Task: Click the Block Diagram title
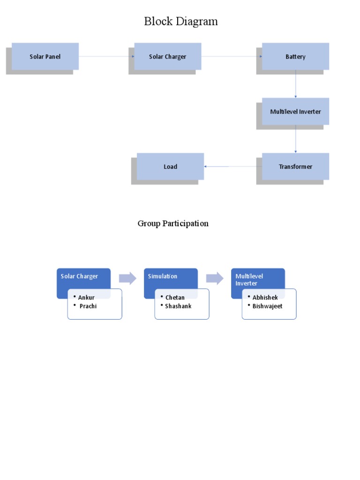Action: (180, 22)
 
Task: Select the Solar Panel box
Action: (45, 57)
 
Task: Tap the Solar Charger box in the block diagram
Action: (167, 57)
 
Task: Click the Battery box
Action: (295, 57)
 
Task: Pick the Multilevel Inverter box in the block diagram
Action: (295, 112)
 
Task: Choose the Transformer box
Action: (295, 166)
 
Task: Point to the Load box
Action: (170, 166)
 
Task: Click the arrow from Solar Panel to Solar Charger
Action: (106, 57)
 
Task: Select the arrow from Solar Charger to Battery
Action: (232, 57)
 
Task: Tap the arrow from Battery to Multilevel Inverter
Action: (296, 84)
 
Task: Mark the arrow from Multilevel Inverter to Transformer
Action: (296, 139)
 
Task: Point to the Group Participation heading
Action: (173, 224)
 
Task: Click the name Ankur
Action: (86, 298)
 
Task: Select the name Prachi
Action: (88, 306)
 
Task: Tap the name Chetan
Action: (175, 298)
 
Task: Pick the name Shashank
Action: (178, 306)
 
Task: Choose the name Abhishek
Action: (265, 298)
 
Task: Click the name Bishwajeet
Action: (267, 306)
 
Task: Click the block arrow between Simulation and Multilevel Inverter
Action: (215, 278)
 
